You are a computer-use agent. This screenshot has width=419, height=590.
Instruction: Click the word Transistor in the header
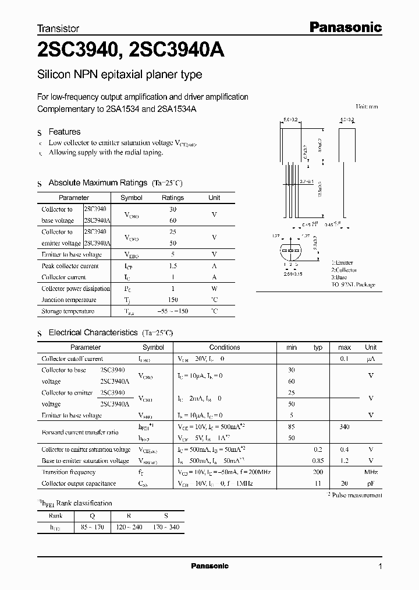point(58,28)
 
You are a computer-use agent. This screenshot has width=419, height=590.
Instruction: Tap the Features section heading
point(64,132)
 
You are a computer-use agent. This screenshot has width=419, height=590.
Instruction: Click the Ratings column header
point(172,198)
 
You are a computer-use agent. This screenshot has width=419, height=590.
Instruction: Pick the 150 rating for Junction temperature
point(172,300)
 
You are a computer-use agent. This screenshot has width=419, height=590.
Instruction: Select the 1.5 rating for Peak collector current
point(172,266)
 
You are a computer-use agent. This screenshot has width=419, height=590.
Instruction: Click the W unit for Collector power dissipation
point(214,289)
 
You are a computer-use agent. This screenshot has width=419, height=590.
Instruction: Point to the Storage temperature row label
point(68,311)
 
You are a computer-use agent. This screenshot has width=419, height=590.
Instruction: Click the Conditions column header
point(225,347)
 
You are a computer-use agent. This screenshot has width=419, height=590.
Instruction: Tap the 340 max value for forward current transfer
point(344,427)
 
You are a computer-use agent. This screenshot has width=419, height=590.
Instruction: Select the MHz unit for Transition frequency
point(371,472)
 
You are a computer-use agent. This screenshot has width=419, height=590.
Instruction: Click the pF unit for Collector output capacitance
point(371,483)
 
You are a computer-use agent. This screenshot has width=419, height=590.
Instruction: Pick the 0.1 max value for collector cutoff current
point(344,359)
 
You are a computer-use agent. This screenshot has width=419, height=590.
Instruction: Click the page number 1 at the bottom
point(380,566)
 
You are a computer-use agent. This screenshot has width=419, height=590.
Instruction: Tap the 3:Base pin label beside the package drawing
point(340,278)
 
